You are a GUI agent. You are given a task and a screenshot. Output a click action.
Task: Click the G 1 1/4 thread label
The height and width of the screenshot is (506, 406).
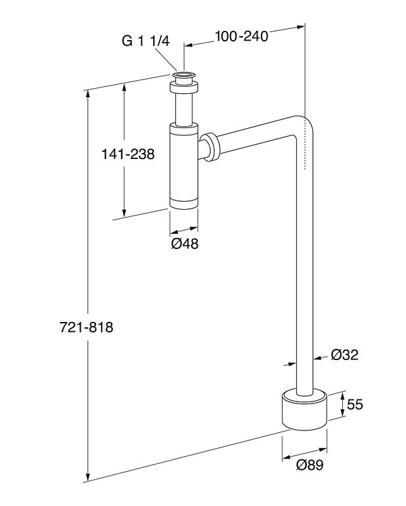(146, 40)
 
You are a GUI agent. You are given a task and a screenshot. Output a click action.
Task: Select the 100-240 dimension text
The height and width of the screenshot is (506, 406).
(242, 37)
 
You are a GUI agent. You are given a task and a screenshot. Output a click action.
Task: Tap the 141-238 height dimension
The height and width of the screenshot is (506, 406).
(127, 154)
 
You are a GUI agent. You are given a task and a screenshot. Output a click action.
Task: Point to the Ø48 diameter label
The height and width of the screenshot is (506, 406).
(184, 244)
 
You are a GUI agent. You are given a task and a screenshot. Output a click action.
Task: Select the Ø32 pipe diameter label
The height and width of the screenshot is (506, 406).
(344, 355)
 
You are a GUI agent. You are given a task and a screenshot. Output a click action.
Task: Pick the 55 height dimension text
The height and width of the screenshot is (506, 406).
(355, 405)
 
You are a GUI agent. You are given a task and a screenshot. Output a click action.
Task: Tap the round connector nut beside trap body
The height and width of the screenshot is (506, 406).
(212, 147)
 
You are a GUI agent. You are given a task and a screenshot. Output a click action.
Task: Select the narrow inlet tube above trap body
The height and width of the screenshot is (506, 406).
(184, 106)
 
